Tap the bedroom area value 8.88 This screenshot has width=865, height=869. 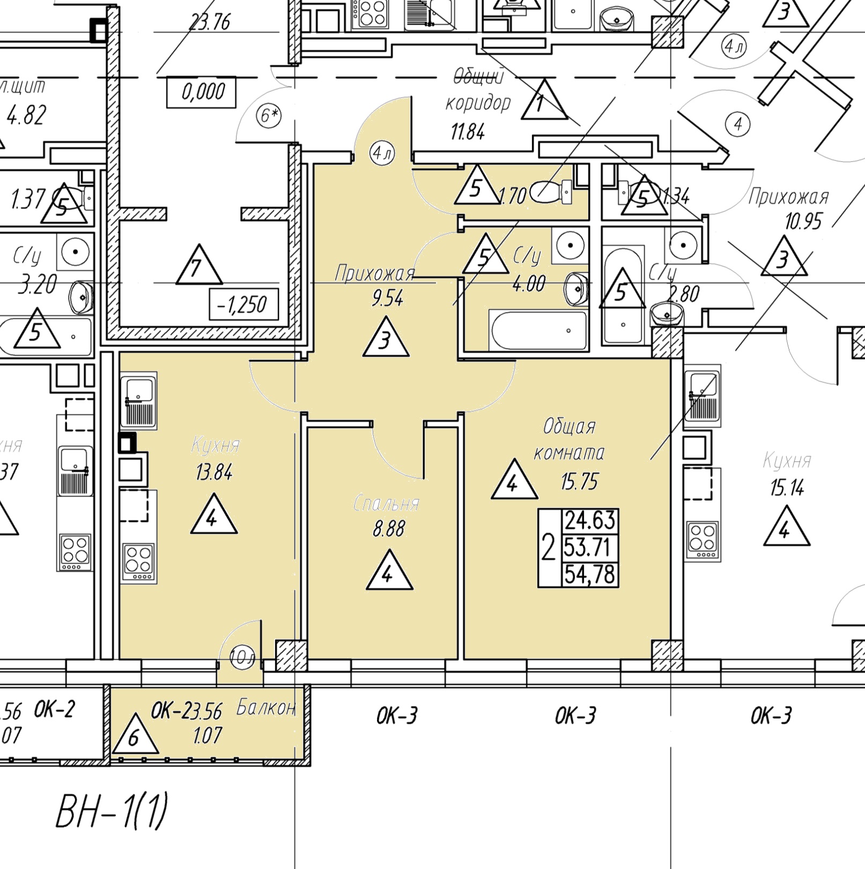tap(389, 530)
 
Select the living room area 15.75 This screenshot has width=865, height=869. tap(579, 481)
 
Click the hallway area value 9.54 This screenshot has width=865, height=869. tap(387, 298)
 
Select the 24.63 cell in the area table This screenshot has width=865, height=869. tap(589, 521)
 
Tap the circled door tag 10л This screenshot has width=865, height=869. tap(242, 658)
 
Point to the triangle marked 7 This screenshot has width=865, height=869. tap(199, 267)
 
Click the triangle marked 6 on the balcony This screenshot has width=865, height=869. tap(135, 735)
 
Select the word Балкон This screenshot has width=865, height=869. tap(266, 709)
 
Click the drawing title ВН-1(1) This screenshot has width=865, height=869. tap(112, 811)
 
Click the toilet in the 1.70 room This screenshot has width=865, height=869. tap(551, 192)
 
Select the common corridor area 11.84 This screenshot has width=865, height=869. tap(468, 131)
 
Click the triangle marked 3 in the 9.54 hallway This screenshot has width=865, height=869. tap(386, 339)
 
